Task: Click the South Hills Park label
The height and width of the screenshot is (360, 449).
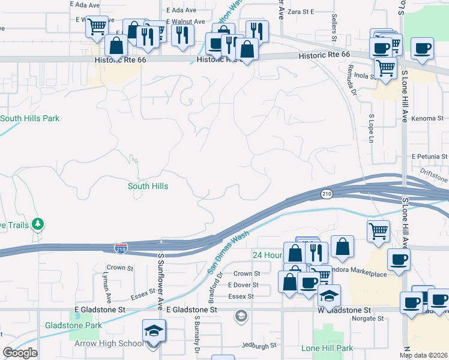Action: click(30, 118)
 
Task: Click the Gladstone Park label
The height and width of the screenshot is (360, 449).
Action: click(73, 325)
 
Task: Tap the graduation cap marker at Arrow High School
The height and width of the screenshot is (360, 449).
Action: click(153, 331)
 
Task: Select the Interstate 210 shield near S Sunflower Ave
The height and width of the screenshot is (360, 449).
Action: click(121, 248)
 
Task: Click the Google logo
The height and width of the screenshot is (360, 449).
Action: click(20, 353)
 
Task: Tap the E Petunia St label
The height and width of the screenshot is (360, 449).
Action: click(430, 157)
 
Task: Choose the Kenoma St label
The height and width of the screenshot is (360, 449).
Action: click(427, 119)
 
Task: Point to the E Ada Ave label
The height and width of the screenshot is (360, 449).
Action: click(83, 4)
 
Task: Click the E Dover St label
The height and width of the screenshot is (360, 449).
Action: click(243, 285)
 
